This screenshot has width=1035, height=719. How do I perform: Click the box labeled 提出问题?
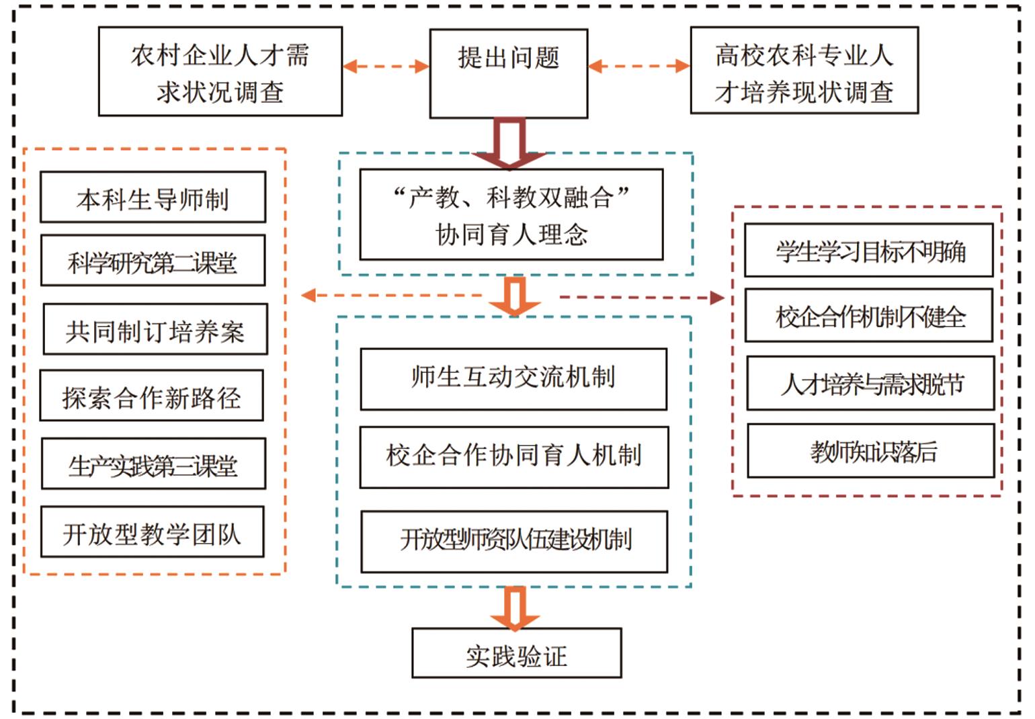(x=509, y=73)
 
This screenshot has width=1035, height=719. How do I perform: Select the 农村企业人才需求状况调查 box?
(x=220, y=72)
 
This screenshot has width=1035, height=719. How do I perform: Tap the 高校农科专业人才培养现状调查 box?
(x=804, y=71)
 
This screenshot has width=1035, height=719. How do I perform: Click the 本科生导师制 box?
(x=153, y=198)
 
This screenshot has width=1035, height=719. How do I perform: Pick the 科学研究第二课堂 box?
(x=153, y=261)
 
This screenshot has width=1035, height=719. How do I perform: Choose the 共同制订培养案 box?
(x=155, y=329)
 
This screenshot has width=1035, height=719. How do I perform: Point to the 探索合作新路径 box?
(x=152, y=396)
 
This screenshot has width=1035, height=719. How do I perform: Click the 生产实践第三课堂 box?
(x=153, y=464)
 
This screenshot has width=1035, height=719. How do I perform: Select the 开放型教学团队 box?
(x=153, y=532)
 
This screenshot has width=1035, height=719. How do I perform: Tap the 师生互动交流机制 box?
(x=513, y=379)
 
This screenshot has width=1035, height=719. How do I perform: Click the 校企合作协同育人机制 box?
(x=514, y=457)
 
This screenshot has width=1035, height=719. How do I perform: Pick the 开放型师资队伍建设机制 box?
(x=514, y=542)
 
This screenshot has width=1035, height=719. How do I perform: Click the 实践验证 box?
(x=516, y=653)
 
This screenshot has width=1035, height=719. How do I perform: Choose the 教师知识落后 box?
(x=871, y=451)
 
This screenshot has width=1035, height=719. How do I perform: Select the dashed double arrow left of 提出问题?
(x=386, y=67)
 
